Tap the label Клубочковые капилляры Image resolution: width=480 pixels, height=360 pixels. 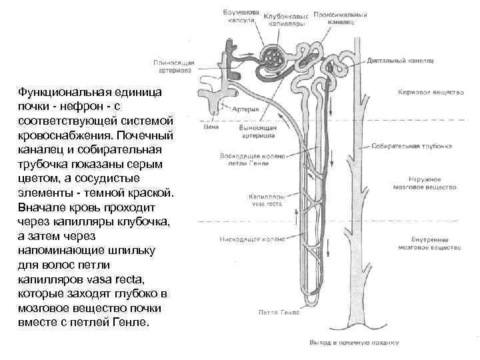287,19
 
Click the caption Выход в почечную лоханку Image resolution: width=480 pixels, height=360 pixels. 353,343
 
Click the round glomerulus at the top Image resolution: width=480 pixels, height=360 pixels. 273,59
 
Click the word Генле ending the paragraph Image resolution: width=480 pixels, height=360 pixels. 136,322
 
